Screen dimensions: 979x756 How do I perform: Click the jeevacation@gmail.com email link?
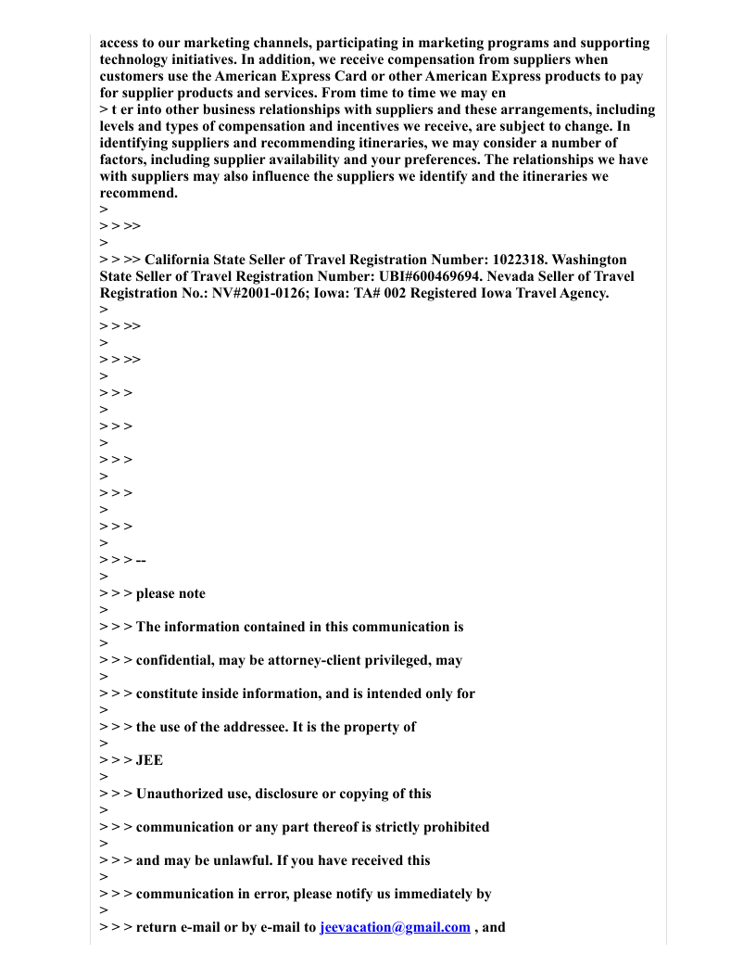tap(395, 927)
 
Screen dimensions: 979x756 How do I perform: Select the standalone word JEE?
tap(149, 760)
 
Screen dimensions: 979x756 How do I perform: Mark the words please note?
tap(170, 593)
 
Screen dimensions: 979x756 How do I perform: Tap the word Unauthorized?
tap(181, 794)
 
